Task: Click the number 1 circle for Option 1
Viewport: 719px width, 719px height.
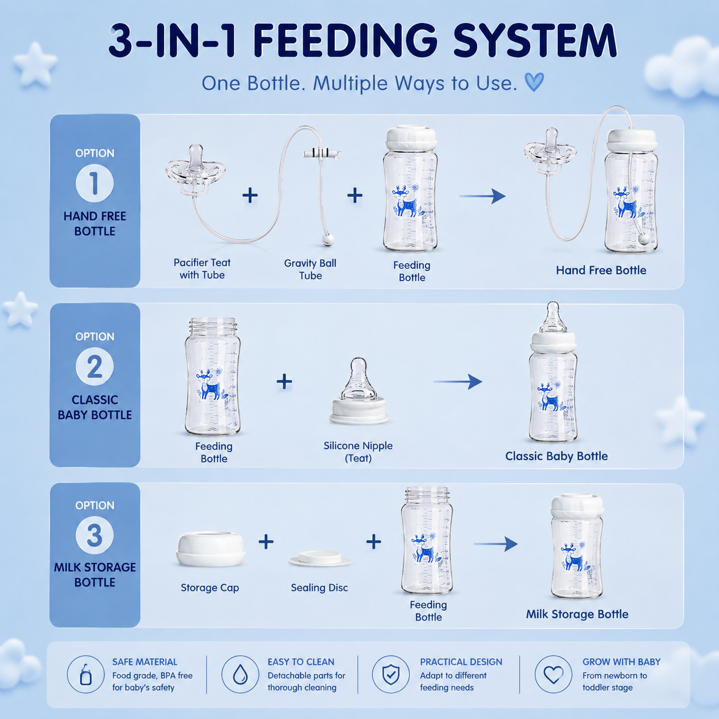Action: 95,183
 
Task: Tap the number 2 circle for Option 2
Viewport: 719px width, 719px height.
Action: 95,367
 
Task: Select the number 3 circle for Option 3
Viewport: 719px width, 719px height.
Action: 95,536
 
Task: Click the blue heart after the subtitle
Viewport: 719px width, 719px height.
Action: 534,82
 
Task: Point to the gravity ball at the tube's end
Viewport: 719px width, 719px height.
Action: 328,240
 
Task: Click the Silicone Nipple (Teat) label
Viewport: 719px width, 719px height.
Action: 358,452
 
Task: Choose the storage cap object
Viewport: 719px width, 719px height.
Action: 210,549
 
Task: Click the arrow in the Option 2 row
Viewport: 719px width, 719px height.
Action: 458,382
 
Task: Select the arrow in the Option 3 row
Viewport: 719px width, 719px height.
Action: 495,544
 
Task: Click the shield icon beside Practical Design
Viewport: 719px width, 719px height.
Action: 390,675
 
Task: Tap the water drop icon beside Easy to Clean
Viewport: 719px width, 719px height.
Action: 240,675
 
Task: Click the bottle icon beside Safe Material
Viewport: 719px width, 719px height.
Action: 85,675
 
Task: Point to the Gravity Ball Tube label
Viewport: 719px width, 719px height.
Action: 310,269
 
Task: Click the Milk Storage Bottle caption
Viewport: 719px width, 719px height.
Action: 577,614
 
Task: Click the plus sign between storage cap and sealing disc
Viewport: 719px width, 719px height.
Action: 266,542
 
